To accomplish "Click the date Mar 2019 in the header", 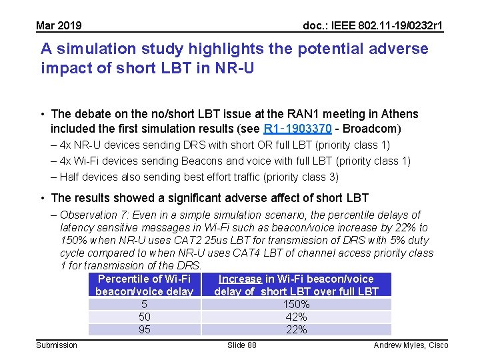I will [x=59, y=26].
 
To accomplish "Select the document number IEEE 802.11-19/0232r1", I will [x=373, y=26].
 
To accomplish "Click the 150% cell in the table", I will [x=296, y=305].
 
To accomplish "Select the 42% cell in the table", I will [x=296, y=317].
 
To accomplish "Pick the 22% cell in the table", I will [x=296, y=330].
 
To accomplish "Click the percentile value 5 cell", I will [x=144, y=305].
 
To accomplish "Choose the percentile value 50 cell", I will [x=144, y=317].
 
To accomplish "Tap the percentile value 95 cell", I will [x=144, y=330].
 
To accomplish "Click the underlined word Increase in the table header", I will [x=240, y=279].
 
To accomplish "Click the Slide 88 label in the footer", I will [x=241, y=345].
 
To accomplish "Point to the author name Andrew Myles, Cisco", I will [x=411, y=345].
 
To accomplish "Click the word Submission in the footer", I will [x=57, y=345].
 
